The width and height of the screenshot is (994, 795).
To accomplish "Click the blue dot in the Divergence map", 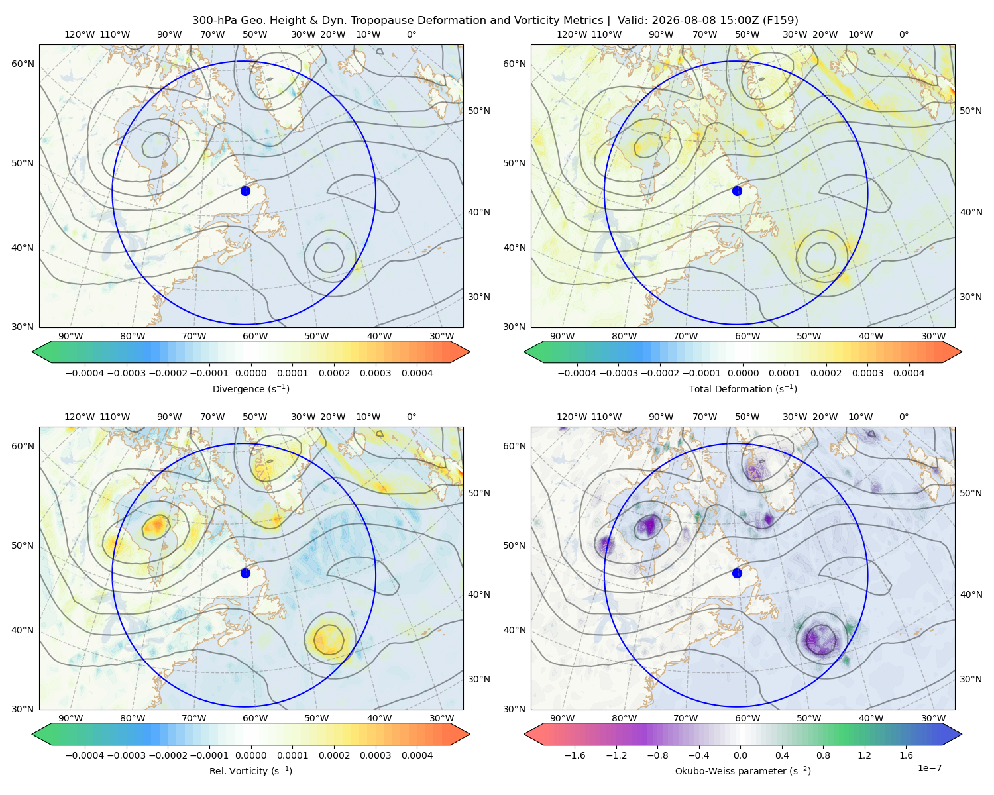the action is [x=245, y=191].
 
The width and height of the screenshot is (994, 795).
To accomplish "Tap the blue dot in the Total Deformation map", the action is [x=737, y=191].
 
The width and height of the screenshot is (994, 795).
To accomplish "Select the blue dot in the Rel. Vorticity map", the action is [x=245, y=573].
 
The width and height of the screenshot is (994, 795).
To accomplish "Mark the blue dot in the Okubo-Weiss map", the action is [x=737, y=573].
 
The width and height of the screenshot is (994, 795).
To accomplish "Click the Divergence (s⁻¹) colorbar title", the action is [x=250, y=388].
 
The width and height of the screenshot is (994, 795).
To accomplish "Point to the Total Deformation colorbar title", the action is [x=743, y=388].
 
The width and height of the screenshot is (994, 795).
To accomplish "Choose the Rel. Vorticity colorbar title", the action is [x=250, y=771].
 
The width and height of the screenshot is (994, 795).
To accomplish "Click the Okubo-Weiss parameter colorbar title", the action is [x=743, y=771].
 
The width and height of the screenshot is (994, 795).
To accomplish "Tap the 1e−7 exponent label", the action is [x=929, y=768].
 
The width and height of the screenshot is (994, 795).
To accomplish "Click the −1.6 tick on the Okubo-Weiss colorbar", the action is [x=575, y=755].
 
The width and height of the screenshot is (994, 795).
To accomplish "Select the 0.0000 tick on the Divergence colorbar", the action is [x=250, y=373].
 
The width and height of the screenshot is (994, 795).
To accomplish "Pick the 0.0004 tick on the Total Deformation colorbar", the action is [x=909, y=373].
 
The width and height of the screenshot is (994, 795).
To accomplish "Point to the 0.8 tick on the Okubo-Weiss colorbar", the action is [x=823, y=755].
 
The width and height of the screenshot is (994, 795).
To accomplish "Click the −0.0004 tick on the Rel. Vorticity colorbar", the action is [x=85, y=755].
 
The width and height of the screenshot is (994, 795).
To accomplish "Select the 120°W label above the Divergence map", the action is [x=80, y=34].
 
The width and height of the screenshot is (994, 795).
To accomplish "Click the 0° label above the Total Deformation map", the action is [x=903, y=34].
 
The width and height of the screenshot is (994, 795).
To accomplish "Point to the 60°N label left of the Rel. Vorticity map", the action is [x=23, y=446].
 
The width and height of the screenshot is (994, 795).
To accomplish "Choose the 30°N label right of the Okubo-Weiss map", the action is [x=971, y=679].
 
